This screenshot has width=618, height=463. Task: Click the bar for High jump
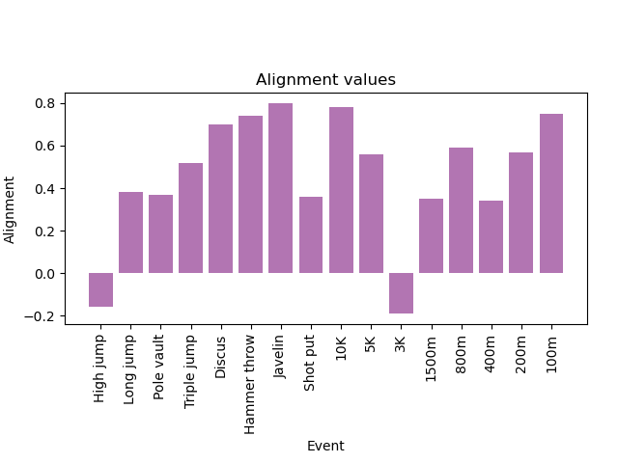(x=100, y=289)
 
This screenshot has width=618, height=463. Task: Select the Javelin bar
(x=281, y=188)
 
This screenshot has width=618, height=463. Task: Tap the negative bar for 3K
(x=402, y=293)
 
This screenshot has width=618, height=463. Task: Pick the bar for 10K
(x=341, y=190)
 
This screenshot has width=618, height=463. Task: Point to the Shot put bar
(x=311, y=235)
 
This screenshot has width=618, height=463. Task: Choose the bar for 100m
(x=551, y=193)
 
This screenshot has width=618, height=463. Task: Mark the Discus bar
(x=221, y=199)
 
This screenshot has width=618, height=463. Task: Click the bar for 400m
(x=492, y=237)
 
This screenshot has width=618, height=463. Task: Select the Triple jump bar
(x=191, y=218)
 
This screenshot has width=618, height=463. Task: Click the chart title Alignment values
(x=325, y=79)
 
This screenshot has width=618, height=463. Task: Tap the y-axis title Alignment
(x=9, y=210)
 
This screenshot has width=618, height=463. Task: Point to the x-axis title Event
(x=325, y=446)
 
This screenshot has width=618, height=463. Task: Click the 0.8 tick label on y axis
(x=45, y=103)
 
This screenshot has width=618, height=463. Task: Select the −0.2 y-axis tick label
(x=40, y=316)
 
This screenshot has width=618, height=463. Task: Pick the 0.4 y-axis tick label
(x=45, y=189)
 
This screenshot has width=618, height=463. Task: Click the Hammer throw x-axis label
(x=249, y=385)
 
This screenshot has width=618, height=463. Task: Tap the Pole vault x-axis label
(x=158, y=368)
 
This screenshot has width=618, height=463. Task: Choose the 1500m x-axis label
(x=431, y=359)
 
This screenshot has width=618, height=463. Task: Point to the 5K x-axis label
(x=370, y=343)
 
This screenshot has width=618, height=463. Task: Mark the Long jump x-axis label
(x=129, y=369)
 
